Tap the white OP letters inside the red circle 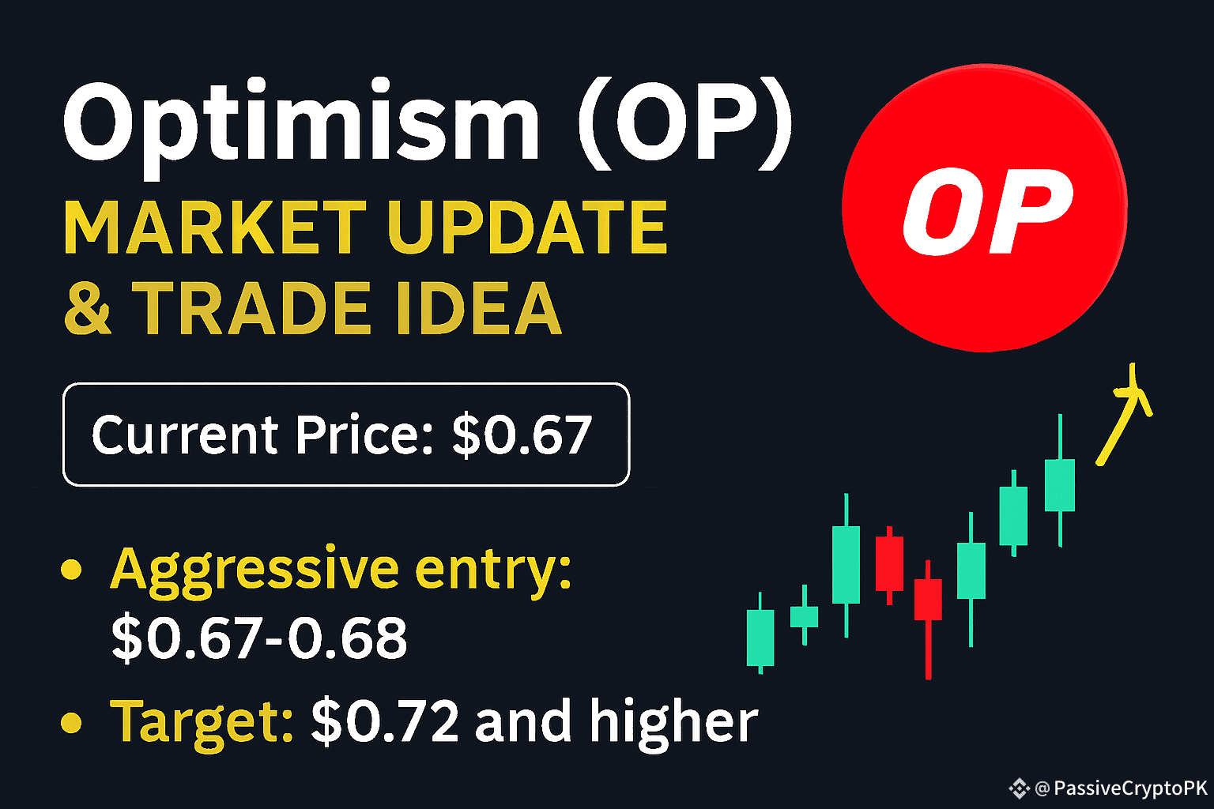click(x=987, y=211)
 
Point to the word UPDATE click(x=527, y=227)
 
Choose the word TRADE click(x=251, y=308)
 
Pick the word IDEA click(x=479, y=308)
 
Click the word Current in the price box click(x=185, y=435)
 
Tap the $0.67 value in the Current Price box click(x=522, y=435)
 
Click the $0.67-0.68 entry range click(x=259, y=638)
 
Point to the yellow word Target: click(x=202, y=724)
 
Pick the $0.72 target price click(x=385, y=721)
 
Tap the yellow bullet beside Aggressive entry click(x=71, y=570)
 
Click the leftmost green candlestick click(x=760, y=634)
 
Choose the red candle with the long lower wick click(x=928, y=618)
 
